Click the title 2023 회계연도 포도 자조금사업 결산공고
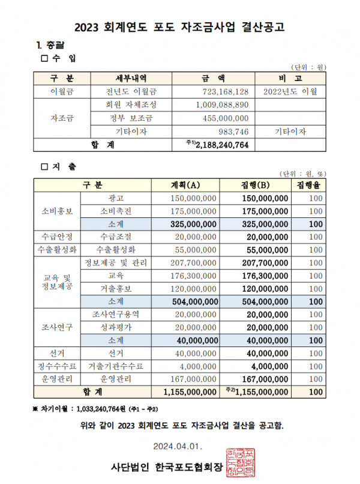coord(179,27)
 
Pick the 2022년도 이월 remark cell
coord(290,92)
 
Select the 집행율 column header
coord(308,184)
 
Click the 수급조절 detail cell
coord(116,237)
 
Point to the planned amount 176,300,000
coord(193,276)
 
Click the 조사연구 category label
coord(57,327)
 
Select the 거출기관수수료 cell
coord(116,366)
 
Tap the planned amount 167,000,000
coord(193,379)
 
